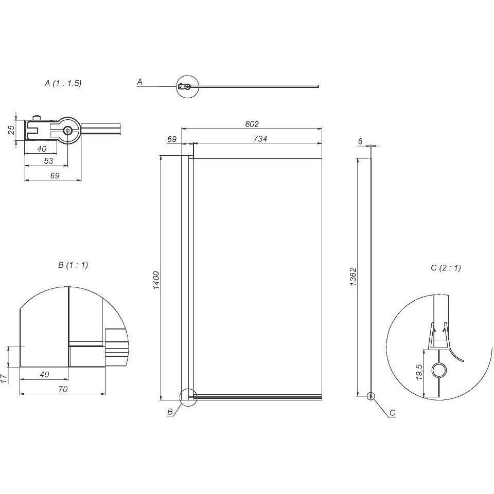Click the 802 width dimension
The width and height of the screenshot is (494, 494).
coord(252,124)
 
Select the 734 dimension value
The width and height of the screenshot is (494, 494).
coord(260,139)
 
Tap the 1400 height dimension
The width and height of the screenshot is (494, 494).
coord(156,280)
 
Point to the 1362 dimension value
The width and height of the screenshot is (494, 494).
coord(353,277)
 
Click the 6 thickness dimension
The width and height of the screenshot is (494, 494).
coord(361,141)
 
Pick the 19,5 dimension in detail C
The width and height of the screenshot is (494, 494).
coord(419,372)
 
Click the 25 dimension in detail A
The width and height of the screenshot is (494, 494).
coord(11,130)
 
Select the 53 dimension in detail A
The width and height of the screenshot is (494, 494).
coord(48,161)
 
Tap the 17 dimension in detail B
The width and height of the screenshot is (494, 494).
coord(4,378)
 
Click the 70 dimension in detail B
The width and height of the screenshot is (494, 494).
coord(63,390)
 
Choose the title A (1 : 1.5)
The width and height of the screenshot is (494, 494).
coord(63,83)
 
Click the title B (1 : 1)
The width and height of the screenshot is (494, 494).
coord(73,265)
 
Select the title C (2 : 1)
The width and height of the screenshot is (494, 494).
coord(446,268)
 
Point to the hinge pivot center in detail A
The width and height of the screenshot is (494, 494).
coord(67,131)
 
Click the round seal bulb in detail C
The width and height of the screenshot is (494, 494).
coord(439,371)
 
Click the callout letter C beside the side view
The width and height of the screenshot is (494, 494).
coord(393,413)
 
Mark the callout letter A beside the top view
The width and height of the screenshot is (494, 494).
coord(139,82)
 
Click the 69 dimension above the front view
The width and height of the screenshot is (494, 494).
coord(172,139)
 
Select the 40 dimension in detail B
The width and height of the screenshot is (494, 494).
coord(44,374)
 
